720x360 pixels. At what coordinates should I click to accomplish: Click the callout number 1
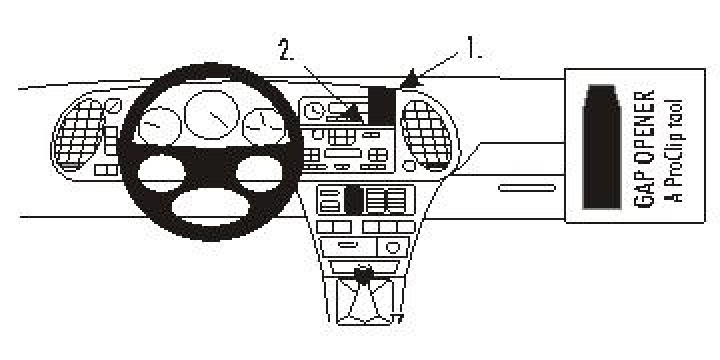pyautogui.click(x=473, y=47)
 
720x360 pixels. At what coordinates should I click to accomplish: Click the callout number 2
pyautogui.click(x=287, y=51)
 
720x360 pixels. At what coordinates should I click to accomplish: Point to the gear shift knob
pyautogui.click(x=364, y=271)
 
